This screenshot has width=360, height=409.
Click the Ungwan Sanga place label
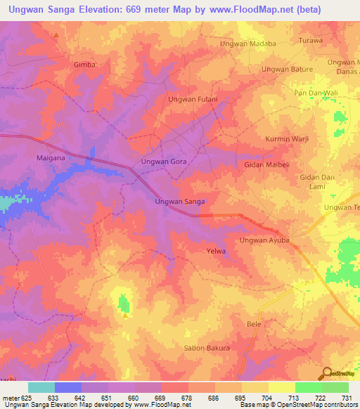[x=179, y=202]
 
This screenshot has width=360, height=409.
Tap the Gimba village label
[x=84, y=64]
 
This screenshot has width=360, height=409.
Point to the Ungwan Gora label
[x=164, y=162]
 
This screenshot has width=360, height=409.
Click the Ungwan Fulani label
[x=192, y=100]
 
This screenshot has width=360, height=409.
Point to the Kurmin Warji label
[x=287, y=139]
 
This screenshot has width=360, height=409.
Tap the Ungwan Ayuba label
[x=264, y=241]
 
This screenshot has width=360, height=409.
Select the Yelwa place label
[x=215, y=251]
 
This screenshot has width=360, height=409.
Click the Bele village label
[x=254, y=324]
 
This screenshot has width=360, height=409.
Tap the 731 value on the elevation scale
[x=345, y=397]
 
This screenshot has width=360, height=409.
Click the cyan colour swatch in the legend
[x=41, y=387]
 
